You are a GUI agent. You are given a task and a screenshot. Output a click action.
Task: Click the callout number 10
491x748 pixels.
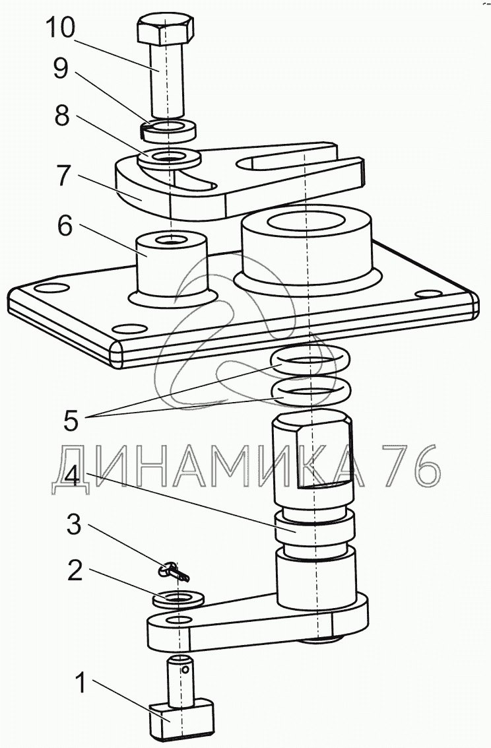point(60,28)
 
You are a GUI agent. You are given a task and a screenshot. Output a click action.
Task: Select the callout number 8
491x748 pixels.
point(61,116)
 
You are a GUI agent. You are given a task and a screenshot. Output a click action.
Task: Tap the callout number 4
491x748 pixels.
point(71,475)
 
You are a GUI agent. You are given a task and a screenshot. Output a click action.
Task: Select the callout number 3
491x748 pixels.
point(73,526)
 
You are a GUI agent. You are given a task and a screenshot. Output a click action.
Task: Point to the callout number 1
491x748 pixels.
point(82,683)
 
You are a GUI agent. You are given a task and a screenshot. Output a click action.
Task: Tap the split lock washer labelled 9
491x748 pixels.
point(169,131)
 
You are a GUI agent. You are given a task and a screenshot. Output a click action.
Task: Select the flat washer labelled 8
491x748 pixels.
point(169,158)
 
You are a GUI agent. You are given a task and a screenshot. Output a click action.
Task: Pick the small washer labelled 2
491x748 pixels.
point(177,599)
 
